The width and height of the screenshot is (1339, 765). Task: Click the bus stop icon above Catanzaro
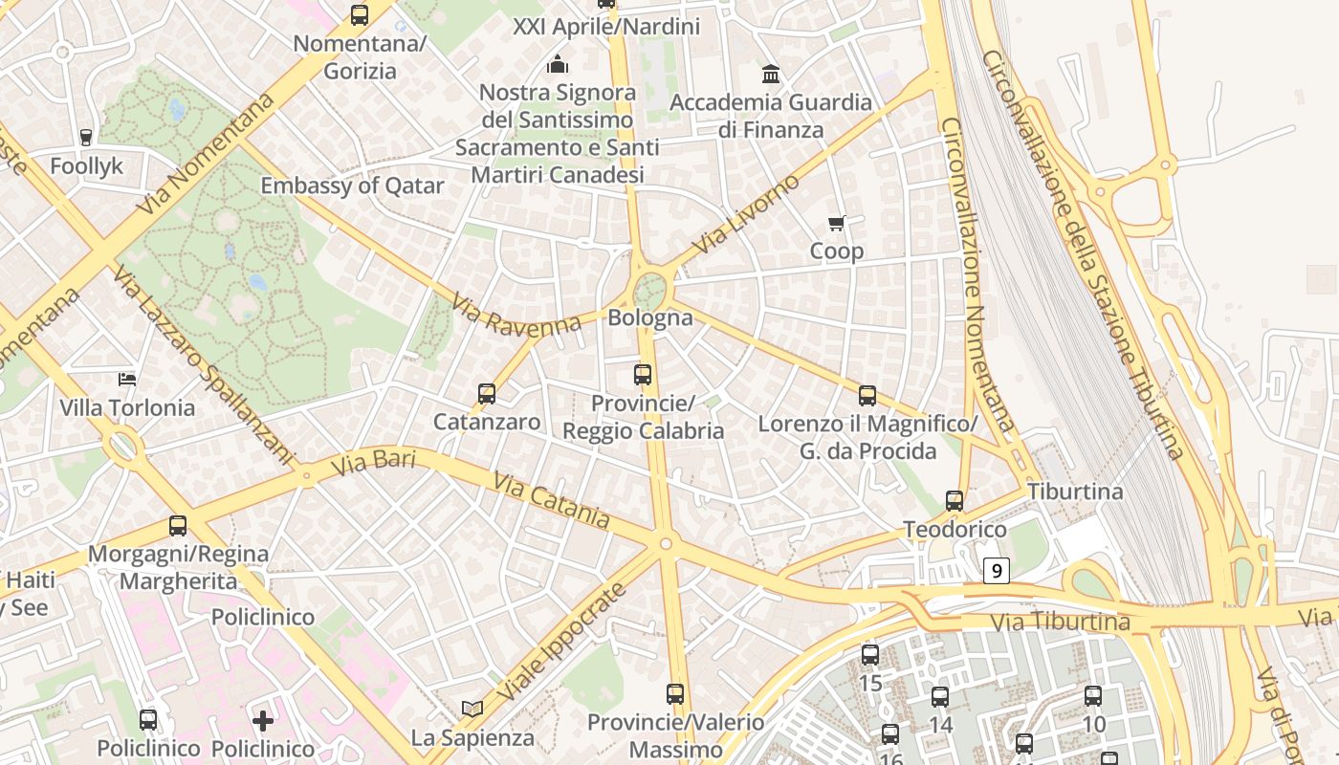coord(486,393)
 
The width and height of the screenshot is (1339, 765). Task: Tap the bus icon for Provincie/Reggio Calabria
coord(643,375)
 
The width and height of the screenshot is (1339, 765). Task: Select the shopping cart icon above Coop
coord(837,224)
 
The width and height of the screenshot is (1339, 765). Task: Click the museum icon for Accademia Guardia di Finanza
coord(771,74)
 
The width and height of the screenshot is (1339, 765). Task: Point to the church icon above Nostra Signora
coord(557,64)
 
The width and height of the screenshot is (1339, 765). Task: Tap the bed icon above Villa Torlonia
coord(126,380)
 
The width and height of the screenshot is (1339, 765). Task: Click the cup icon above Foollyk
coord(86,138)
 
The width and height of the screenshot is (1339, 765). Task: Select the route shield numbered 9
coord(997,572)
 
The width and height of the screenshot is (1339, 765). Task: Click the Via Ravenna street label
coord(517,316)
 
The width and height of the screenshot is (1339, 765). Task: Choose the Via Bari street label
coord(373,464)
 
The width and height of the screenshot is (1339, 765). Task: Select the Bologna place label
coord(650,317)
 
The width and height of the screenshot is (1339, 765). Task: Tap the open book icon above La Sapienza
coord(472,709)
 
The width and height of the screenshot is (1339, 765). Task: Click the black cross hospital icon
coord(263,720)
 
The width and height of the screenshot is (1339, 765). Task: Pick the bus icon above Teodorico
coord(954,500)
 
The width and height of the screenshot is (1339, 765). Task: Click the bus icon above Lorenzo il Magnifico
coord(867,395)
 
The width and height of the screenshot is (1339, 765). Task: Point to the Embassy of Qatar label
coord(352,186)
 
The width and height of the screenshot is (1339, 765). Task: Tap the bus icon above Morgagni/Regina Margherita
coord(178,525)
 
